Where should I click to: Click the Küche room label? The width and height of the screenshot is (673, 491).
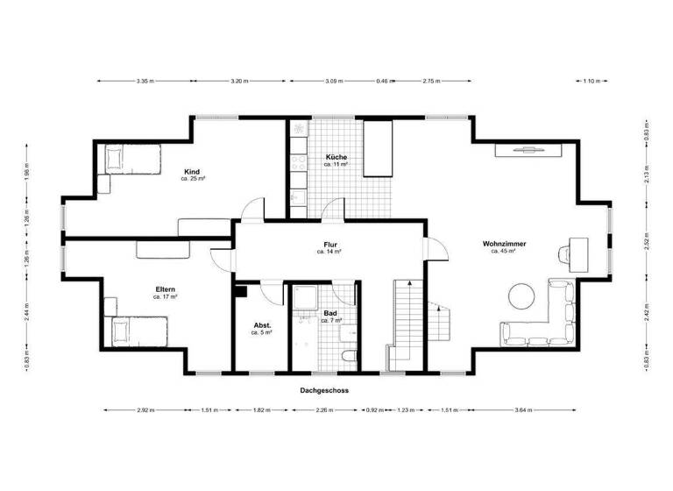click(336, 157)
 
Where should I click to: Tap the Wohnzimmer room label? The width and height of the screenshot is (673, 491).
click(503, 243)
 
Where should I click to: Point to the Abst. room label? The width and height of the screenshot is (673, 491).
click(262, 325)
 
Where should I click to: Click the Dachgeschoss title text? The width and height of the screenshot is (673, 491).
click(324, 390)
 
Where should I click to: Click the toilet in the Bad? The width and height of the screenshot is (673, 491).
click(349, 358)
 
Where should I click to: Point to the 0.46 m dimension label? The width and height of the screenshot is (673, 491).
click(382, 81)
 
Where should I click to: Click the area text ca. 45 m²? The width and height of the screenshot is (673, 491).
click(503, 251)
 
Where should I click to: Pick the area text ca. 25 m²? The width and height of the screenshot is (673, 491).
click(193, 179)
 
